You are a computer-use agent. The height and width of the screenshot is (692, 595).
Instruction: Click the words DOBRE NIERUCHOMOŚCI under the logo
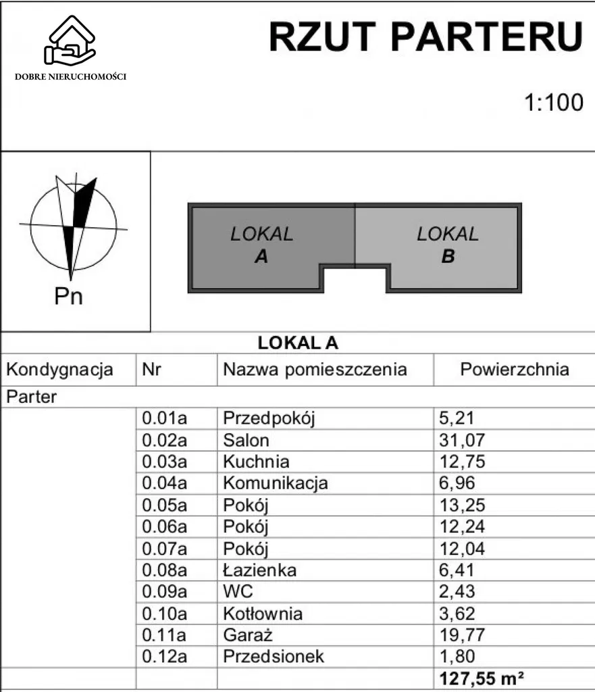pyautogui.click(x=71, y=76)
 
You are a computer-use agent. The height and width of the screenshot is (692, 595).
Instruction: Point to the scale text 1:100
pyautogui.click(x=554, y=103)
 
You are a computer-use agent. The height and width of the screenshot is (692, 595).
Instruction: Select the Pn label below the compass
pyautogui.click(x=68, y=295)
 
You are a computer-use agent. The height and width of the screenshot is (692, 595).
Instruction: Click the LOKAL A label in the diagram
pyautogui.click(x=261, y=245)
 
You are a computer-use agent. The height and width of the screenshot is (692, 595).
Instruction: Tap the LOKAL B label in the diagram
pyautogui.click(x=447, y=245)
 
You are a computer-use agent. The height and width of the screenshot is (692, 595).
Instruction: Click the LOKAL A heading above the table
pyautogui.click(x=298, y=343)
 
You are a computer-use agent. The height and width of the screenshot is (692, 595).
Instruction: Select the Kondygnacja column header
pyautogui.click(x=59, y=370)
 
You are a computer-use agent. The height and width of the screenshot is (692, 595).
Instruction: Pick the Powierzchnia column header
pyautogui.click(x=514, y=370)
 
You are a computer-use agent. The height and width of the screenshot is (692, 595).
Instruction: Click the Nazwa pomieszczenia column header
pyautogui.click(x=315, y=370)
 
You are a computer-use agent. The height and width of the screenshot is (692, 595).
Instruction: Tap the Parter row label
pyautogui.click(x=32, y=397)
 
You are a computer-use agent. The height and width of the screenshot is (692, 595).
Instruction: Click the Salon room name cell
pyautogui.click(x=247, y=441)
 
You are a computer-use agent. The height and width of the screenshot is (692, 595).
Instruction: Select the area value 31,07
pyautogui.click(x=462, y=441)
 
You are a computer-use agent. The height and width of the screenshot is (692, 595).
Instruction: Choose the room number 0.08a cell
pyautogui.click(x=164, y=570)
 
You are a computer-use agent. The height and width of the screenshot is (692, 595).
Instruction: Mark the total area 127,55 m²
pyautogui.click(x=482, y=678)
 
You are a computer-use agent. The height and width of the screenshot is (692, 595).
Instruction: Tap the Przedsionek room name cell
pyautogui.click(x=274, y=656)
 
